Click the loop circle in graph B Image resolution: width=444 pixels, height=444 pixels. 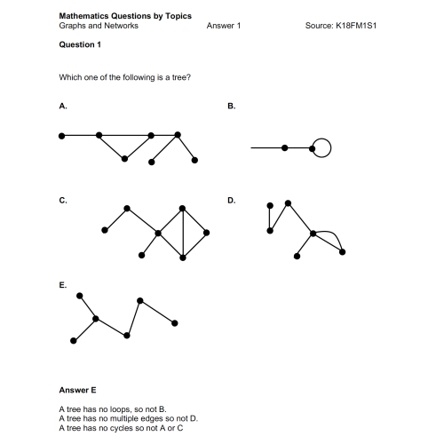click(321, 147)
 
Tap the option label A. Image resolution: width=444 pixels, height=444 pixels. click(62, 106)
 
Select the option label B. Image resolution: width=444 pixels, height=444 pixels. click(231, 106)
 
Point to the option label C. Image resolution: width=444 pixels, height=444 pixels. click(62, 201)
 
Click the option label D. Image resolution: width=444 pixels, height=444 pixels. click(231, 201)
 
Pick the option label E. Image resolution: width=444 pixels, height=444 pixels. click(62, 286)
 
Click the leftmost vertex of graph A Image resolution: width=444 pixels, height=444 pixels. click(61, 136)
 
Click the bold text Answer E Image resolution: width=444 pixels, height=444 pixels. click(77, 390)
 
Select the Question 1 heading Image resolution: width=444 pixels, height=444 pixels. click(80, 44)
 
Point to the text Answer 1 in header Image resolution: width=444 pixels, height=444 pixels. click(223, 26)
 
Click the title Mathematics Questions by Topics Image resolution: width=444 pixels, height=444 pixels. click(124, 16)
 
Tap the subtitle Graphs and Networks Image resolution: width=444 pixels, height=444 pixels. click(98, 26)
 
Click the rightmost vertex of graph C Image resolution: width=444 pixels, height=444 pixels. click(206, 233)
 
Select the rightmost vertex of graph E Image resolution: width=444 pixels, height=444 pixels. click(174, 322)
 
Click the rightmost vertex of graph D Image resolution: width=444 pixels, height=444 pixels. click(342, 252)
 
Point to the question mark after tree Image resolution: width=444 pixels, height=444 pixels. click(189, 77)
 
